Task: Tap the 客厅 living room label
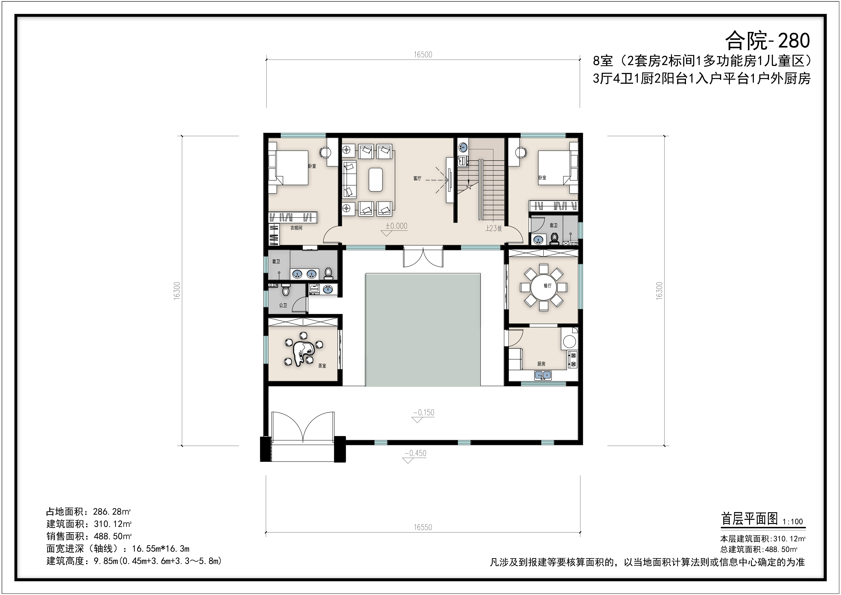tap(417, 178)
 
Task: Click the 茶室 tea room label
tap(322, 366)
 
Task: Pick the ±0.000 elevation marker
tap(396, 226)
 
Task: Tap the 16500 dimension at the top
tap(423, 55)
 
